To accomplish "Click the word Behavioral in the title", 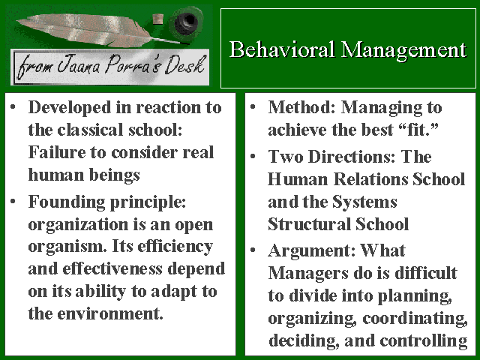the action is [282, 49].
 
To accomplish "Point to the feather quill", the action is [91, 30].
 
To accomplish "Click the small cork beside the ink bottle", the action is [157, 19].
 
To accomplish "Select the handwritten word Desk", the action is [184, 65].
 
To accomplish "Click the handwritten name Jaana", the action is [78, 64].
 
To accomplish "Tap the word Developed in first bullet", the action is [70, 108].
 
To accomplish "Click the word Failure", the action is [57, 152].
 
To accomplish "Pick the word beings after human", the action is [115, 175].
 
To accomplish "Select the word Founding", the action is [67, 202].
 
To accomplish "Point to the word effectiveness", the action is [112, 269].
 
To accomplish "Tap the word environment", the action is [110, 313].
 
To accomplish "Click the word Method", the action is [301, 107].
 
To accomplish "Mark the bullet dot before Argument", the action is [253, 250].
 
